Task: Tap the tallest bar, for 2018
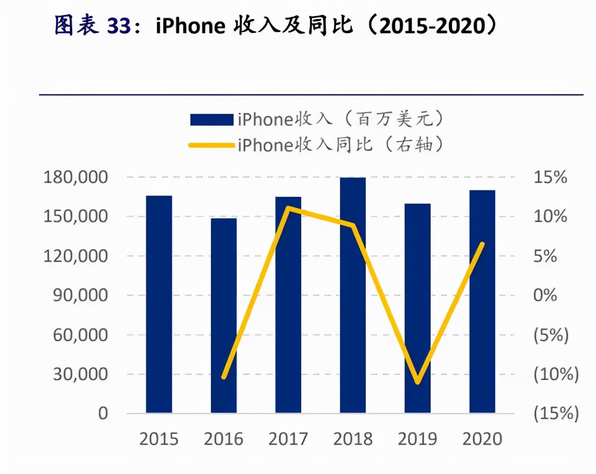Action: pyautogui.click(x=352, y=295)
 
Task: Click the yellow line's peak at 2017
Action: pyautogui.click(x=289, y=208)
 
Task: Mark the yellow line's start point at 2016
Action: pyautogui.click(x=224, y=376)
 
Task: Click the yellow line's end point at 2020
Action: pyautogui.click(x=482, y=244)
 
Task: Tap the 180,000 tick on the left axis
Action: pyautogui.click(x=75, y=177)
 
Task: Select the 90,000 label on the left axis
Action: pyautogui.click(x=80, y=295)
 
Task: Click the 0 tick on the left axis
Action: pyautogui.click(x=103, y=413)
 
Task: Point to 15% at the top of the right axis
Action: pyautogui.click(x=550, y=177)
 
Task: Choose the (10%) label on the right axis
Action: pyautogui.click(x=556, y=374)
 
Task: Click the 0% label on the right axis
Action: pyautogui.click(x=545, y=295)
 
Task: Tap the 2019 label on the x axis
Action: pyautogui.click(x=418, y=439)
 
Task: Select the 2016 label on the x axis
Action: pyautogui.click(x=223, y=439)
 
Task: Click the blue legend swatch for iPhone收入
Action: pyautogui.click(x=211, y=120)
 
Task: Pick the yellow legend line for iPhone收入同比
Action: pyautogui.click(x=211, y=145)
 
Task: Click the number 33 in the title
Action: pyautogui.click(x=119, y=26)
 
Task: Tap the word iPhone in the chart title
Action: pyautogui.click(x=190, y=26)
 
